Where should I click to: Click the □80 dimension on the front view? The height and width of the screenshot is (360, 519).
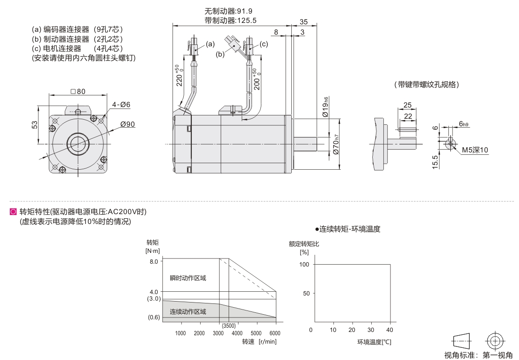coord(78,92)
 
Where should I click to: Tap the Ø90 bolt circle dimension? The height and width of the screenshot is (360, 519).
coord(127,124)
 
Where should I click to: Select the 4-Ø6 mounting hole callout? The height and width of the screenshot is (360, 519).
coord(121,104)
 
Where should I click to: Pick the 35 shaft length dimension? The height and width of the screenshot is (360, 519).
coord(303,22)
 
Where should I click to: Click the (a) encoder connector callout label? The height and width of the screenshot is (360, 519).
coord(210,44)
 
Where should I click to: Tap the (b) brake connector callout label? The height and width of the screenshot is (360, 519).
coord(220,54)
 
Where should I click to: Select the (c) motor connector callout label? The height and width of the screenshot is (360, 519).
coord(264,44)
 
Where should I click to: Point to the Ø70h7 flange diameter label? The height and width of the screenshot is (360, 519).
coord(336,145)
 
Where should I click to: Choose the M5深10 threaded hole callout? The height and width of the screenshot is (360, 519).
coord(475,150)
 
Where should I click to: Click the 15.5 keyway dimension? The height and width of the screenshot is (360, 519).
coord(435,161)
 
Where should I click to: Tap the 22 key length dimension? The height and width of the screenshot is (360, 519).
coord(408,115)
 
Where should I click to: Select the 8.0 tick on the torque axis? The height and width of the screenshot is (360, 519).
coord(154,261)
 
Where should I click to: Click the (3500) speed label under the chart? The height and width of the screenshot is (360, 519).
coord(229,326)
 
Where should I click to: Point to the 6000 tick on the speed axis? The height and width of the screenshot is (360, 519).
coord(276,333)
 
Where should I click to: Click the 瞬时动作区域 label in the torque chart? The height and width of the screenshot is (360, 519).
coord(187,278)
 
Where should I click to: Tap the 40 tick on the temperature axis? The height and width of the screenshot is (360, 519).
coord(390,330)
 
